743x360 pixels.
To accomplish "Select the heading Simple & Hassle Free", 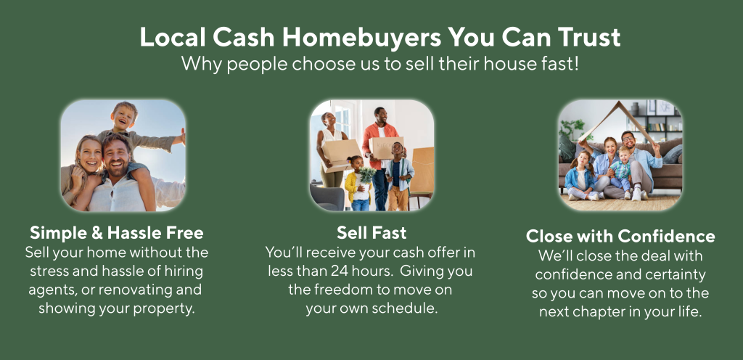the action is point(117,232).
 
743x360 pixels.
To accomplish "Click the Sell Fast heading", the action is point(371,232).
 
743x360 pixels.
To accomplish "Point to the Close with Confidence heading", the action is point(620,236).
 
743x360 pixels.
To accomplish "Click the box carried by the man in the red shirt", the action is point(386,148).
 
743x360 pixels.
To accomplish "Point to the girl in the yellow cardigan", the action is point(356,184).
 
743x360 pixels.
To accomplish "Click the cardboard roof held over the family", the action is point(617,120).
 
